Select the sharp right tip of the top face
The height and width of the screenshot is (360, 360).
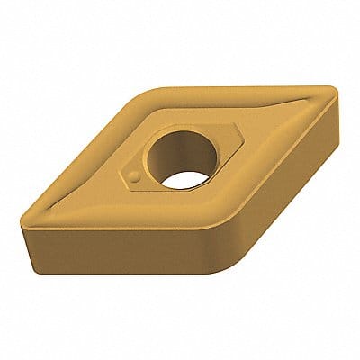[x=336, y=93]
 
